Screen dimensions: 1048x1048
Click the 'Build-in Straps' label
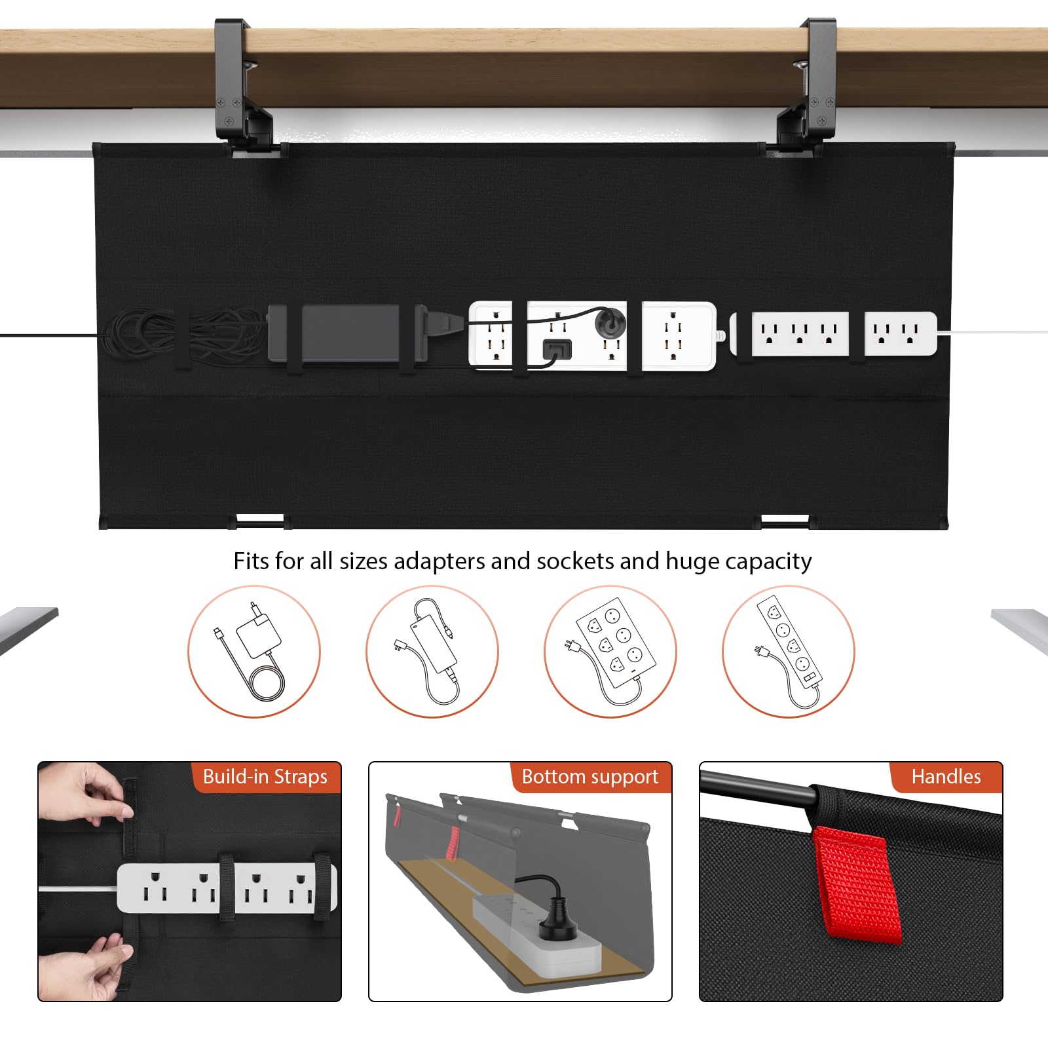point(265,777)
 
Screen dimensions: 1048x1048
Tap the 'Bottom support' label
point(590,777)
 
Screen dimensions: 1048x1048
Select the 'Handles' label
point(946,777)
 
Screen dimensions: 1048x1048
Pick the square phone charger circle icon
point(254,651)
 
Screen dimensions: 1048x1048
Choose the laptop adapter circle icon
point(432,651)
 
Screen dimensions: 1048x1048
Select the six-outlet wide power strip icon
point(610,651)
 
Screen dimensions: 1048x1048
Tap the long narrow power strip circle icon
point(789,651)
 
